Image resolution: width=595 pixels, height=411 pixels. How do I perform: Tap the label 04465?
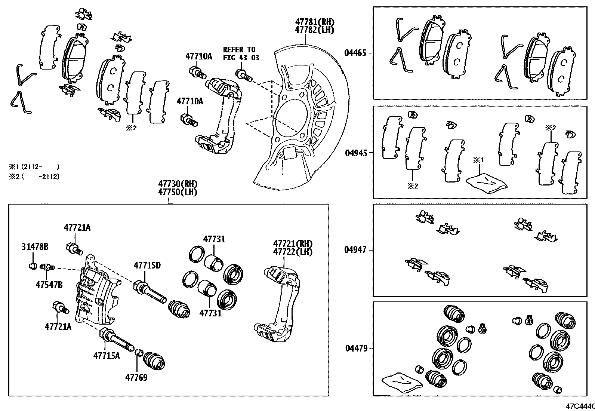[355, 53]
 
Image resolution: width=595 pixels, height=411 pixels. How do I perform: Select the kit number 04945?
[355, 153]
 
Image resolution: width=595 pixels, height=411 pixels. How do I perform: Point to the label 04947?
[355, 249]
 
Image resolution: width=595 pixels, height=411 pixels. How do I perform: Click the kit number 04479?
[355, 349]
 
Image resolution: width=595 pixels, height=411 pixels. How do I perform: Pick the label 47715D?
[147, 266]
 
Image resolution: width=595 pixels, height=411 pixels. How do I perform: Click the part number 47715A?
[107, 356]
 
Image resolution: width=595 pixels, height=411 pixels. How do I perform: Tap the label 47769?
[136, 377]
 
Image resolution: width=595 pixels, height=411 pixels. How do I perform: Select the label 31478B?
[35, 247]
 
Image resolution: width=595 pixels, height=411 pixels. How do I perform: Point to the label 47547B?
[49, 285]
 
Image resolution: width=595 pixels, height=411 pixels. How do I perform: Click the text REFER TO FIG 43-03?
[241, 53]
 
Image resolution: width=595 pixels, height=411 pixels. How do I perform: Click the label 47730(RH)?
[177, 184]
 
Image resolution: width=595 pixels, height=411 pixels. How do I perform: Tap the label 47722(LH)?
[293, 252]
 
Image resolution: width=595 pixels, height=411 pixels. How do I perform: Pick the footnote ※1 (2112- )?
[34, 166]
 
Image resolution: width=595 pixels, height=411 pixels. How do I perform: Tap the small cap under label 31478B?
[33, 266]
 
